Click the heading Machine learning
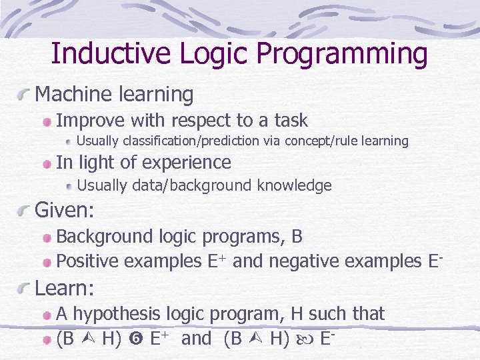pyautogui.click(x=114, y=95)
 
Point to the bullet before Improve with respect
pyautogui.click(x=47, y=122)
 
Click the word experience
pyautogui.click(x=186, y=163)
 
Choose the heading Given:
pyautogui.click(x=65, y=211)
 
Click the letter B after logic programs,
pyautogui.click(x=297, y=236)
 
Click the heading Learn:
pyautogui.click(x=65, y=288)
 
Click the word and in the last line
pyautogui.click(x=196, y=339)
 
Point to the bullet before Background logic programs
pyautogui.click(x=47, y=237)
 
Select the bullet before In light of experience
pyautogui.click(x=47, y=163)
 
